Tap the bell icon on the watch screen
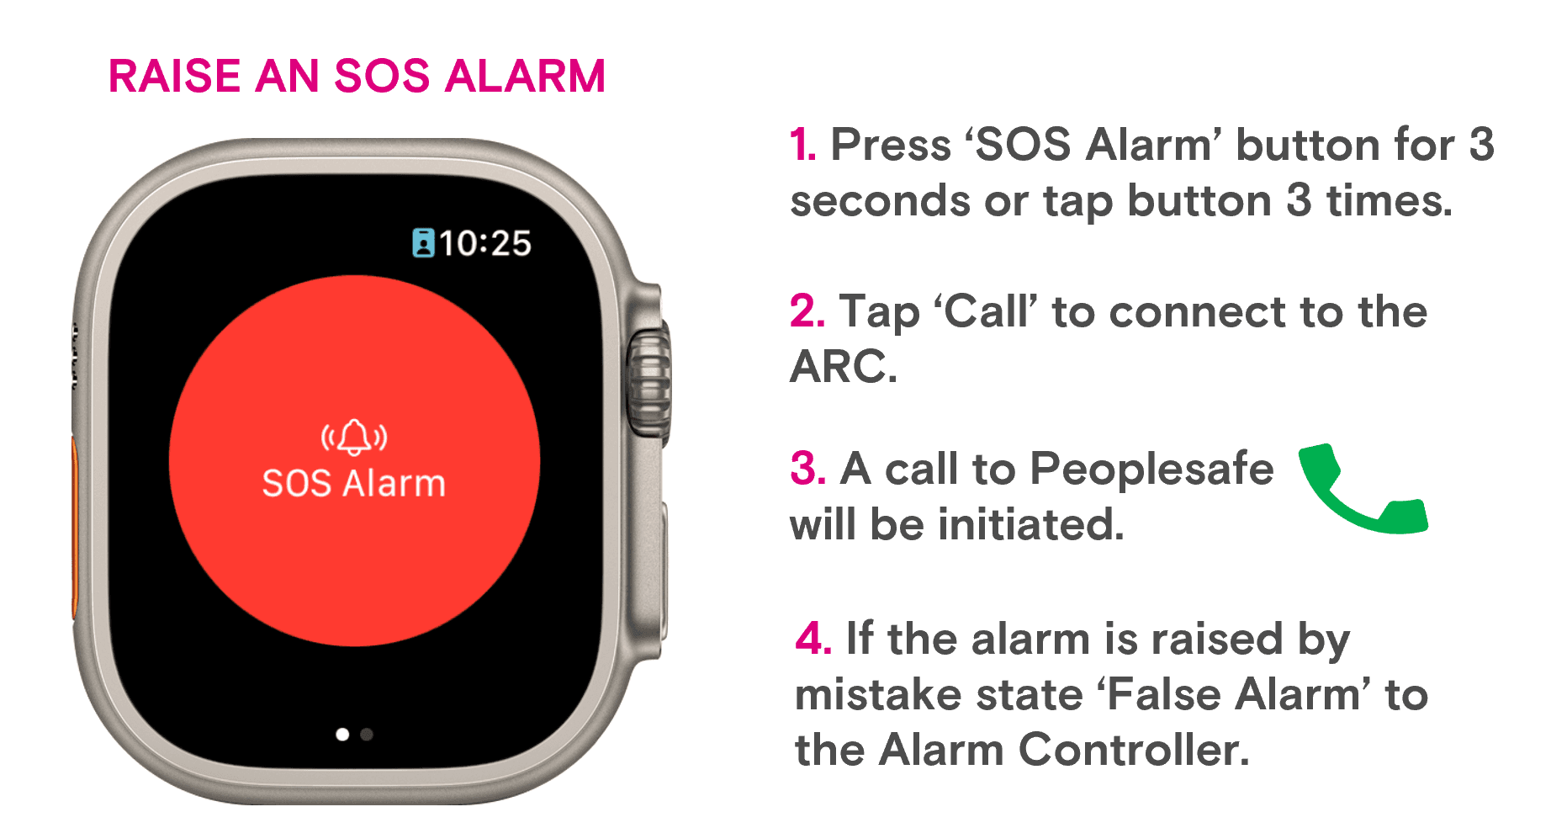coord(354,437)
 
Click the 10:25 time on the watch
coord(485,243)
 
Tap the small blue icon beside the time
coord(423,243)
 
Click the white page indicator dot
coord(342,735)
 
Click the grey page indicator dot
coord(367,735)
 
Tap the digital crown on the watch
coord(649,383)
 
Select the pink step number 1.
coord(802,145)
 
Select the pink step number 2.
coord(807,311)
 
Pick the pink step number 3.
coord(807,468)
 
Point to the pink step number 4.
coord(813,638)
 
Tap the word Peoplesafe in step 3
coord(1151,470)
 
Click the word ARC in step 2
coord(844,367)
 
